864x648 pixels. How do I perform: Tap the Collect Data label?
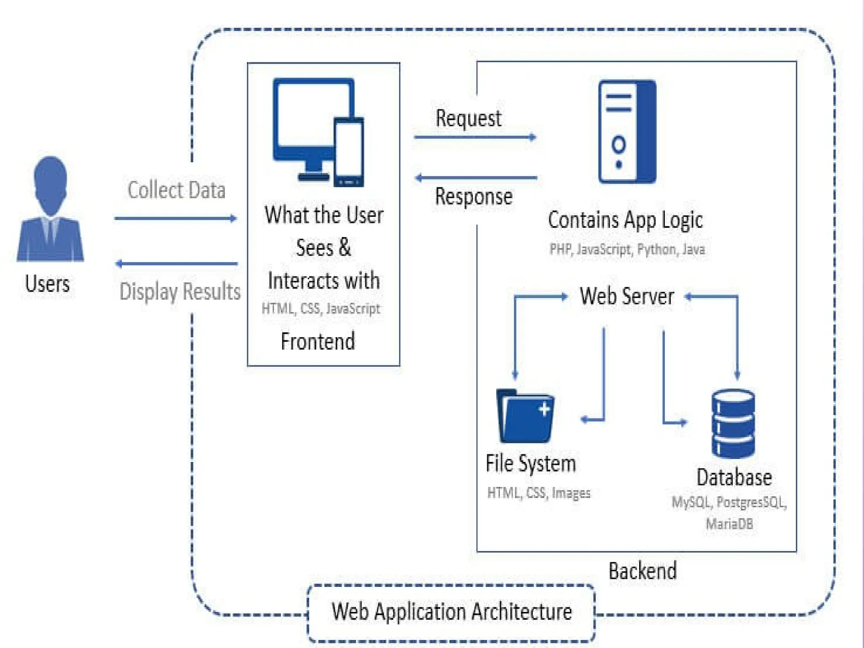point(176,190)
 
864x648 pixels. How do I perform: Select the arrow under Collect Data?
point(175,218)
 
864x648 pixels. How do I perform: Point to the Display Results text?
point(180,292)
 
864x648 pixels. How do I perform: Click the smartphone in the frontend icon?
point(349,152)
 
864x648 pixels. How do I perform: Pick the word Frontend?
point(318,341)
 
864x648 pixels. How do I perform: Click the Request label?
point(468,118)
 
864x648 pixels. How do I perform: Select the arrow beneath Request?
point(475,137)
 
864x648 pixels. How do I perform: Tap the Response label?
point(474,197)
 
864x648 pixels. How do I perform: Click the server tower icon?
point(627,132)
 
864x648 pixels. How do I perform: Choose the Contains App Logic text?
point(625,220)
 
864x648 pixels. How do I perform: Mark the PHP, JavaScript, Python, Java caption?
point(627,249)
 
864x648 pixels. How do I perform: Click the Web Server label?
point(626,296)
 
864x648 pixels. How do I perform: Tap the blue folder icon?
point(526,416)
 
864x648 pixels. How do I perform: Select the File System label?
point(531,463)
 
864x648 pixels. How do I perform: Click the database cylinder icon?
point(733,424)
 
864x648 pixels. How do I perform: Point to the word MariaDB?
point(729,524)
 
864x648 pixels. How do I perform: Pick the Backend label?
point(643,571)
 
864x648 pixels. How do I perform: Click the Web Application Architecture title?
point(451,612)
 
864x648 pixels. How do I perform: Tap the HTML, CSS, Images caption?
point(539,493)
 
